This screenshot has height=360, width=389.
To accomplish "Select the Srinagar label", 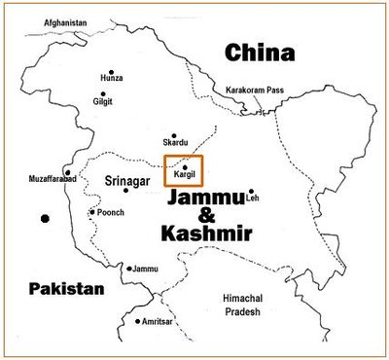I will pyautogui.click(x=126, y=180).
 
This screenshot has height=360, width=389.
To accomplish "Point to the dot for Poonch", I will pyautogui.click(x=92, y=212).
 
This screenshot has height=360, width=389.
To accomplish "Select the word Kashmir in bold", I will pyautogui.click(x=210, y=235).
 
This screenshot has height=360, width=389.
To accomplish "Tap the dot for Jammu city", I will pyautogui.click(x=128, y=268).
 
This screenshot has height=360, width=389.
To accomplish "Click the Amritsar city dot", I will pyautogui.click(x=138, y=321).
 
